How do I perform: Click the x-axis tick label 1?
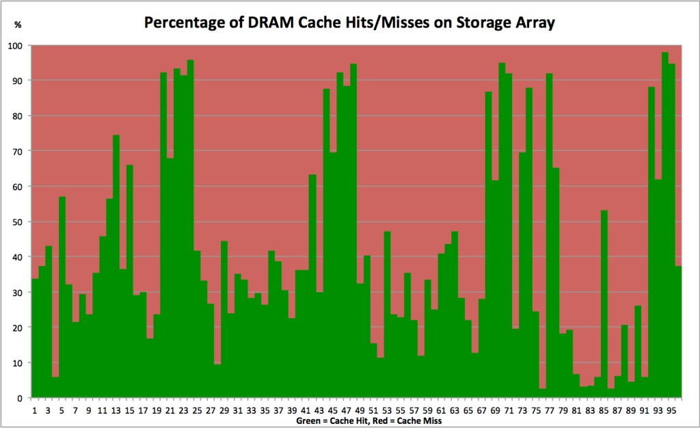pos(35,410)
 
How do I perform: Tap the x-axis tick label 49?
pos(360,410)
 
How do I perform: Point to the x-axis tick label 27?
pos(211,410)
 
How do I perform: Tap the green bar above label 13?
pos(116,273)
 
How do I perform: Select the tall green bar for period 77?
pos(549,239)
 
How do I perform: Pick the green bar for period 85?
pos(604,308)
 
